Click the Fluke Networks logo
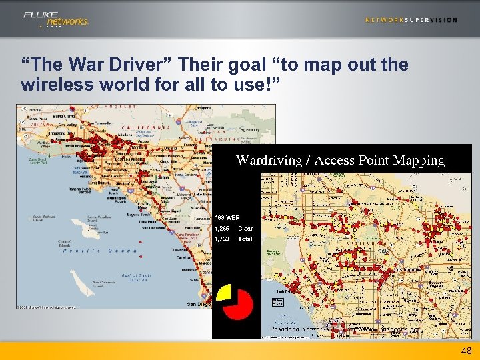click(x=56, y=19)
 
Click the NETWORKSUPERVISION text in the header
click(x=411, y=20)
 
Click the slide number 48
click(x=465, y=351)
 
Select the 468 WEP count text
click(x=227, y=217)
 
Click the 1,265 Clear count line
click(x=233, y=228)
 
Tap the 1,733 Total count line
click(x=233, y=239)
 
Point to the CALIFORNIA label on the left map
click(x=146, y=127)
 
